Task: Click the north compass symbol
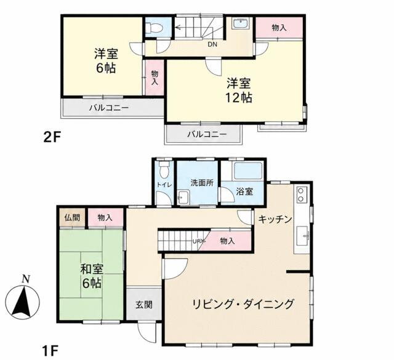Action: coord(22,300)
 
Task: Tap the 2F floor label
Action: coord(52,137)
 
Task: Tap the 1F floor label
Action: coord(50,351)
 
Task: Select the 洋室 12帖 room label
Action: coord(239,90)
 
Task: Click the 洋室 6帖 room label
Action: coord(106,61)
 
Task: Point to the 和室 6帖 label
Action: coord(92,276)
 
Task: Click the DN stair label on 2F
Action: coord(212,45)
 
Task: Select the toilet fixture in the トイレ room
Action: coord(164,169)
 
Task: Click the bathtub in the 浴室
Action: coord(248,171)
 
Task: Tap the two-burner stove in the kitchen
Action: coord(301,194)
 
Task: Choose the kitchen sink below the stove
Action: coord(302,236)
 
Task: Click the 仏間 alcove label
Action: coord(73,218)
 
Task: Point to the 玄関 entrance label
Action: coord(144,305)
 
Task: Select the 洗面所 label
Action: coord(202,183)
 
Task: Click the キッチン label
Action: coord(275,219)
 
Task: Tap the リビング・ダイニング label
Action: coord(243,304)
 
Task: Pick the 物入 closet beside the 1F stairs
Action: coord(227,241)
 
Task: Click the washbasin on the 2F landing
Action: coord(241,24)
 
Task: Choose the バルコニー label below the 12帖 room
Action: coord(207,134)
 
